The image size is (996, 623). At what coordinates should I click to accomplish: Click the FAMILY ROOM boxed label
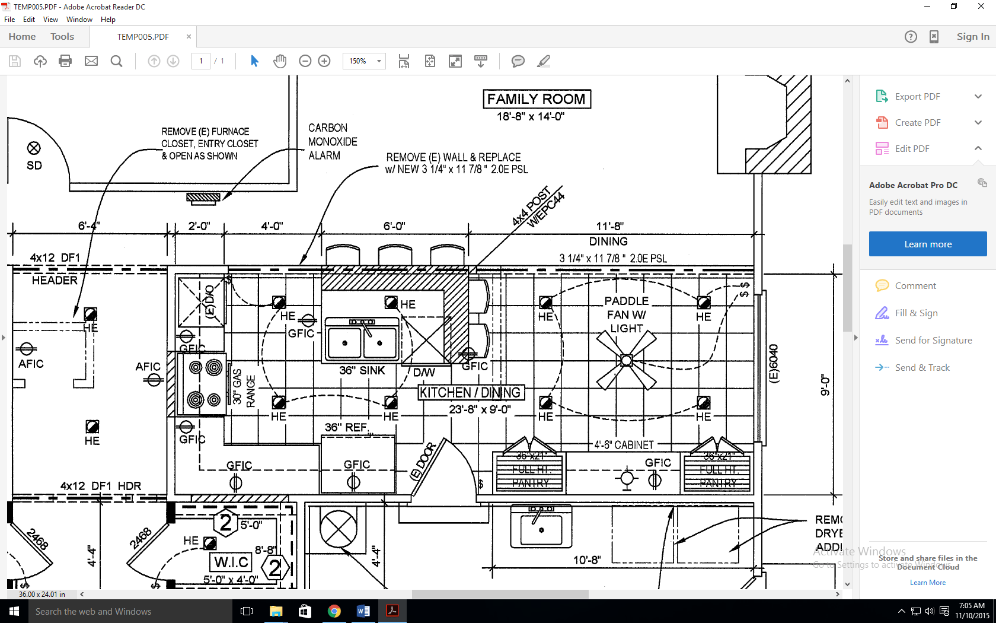tap(537, 99)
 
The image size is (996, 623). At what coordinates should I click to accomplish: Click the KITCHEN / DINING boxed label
tap(470, 393)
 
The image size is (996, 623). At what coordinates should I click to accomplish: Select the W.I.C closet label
tap(232, 562)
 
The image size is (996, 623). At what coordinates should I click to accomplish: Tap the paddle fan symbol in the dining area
tap(626, 360)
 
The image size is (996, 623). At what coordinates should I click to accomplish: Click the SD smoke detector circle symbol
tap(34, 148)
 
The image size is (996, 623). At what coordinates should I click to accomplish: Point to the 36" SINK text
tap(362, 371)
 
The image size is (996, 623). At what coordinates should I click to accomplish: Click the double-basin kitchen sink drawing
tap(362, 339)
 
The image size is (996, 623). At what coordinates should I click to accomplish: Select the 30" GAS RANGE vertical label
tap(244, 386)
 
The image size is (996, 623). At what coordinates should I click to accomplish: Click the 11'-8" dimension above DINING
tap(609, 226)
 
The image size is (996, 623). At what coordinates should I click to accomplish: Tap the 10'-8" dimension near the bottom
tap(587, 560)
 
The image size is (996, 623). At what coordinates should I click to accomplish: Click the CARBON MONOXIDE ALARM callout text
tap(332, 142)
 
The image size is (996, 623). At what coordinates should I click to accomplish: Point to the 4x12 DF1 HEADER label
tap(55, 269)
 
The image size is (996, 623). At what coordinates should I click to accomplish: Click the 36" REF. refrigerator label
tap(347, 427)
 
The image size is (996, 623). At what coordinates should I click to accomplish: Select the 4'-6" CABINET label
tap(624, 445)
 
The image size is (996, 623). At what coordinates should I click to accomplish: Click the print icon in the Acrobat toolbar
tap(65, 61)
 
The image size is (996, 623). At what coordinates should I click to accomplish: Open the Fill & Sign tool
tap(916, 313)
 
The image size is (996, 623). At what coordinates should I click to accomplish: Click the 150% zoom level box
tap(358, 61)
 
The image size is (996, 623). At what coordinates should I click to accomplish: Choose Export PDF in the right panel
tap(917, 97)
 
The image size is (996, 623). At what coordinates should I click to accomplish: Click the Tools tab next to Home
tap(62, 37)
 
